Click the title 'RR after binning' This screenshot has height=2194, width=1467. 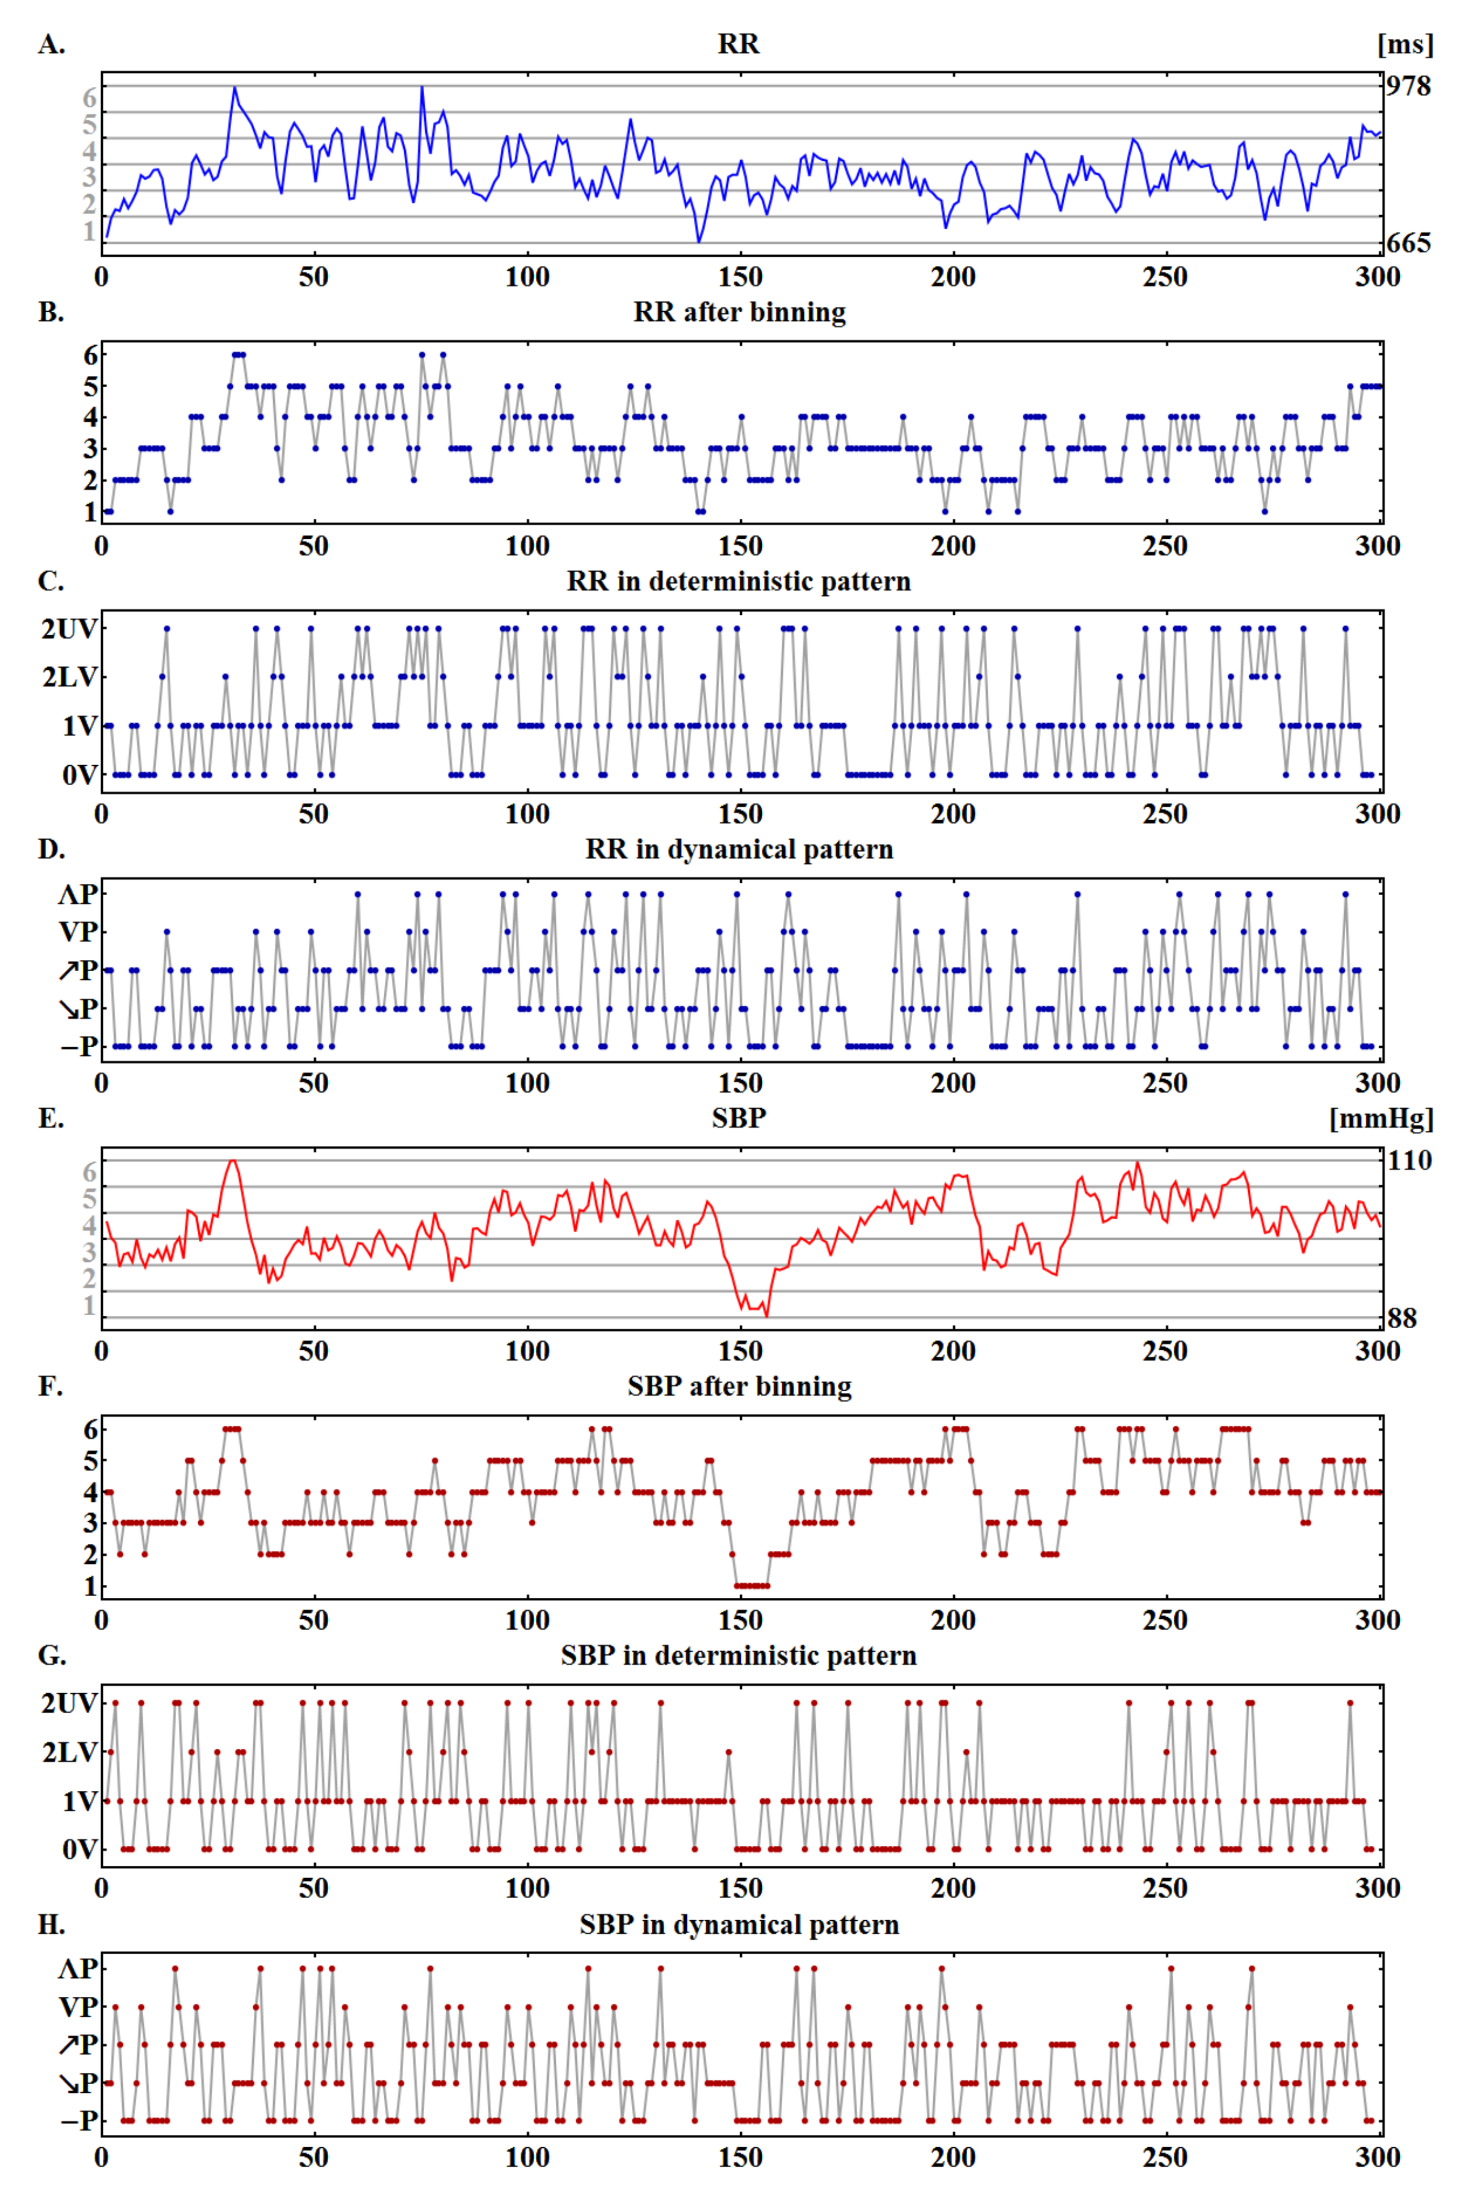tap(739, 312)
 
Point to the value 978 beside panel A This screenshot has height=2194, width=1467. tap(1408, 86)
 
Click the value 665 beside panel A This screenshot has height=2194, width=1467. tap(1408, 243)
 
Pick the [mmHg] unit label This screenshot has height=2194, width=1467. tap(1381, 1119)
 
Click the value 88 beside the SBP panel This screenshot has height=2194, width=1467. tap(1401, 1318)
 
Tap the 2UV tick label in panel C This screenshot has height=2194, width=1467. tap(68, 629)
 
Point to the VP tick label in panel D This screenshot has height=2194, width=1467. tap(78, 932)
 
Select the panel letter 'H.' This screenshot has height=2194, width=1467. tap(51, 1925)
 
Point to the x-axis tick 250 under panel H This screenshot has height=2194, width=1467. tap(1165, 2158)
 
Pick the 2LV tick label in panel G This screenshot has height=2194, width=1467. tap(68, 1752)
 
